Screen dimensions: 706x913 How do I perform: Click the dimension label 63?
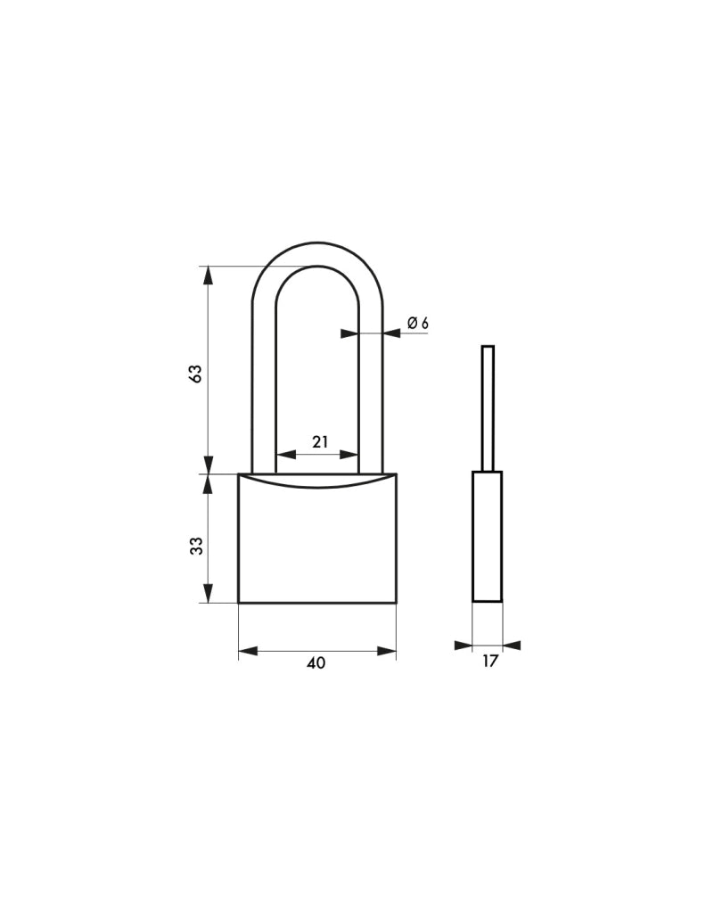pyautogui.click(x=196, y=374)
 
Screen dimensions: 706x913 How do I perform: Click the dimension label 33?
pyautogui.click(x=197, y=546)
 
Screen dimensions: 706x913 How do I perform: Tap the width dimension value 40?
pyautogui.click(x=316, y=662)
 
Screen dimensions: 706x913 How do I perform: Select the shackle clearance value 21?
pyautogui.click(x=320, y=442)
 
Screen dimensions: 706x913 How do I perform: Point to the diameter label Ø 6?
pyautogui.click(x=418, y=323)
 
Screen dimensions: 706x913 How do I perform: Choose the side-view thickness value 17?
pyautogui.click(x=490, y=661)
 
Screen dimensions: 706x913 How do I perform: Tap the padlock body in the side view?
pyautogui.click(x=487, y=536)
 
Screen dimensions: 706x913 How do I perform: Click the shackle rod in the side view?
pyautogui.click(x=488, y=408)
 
